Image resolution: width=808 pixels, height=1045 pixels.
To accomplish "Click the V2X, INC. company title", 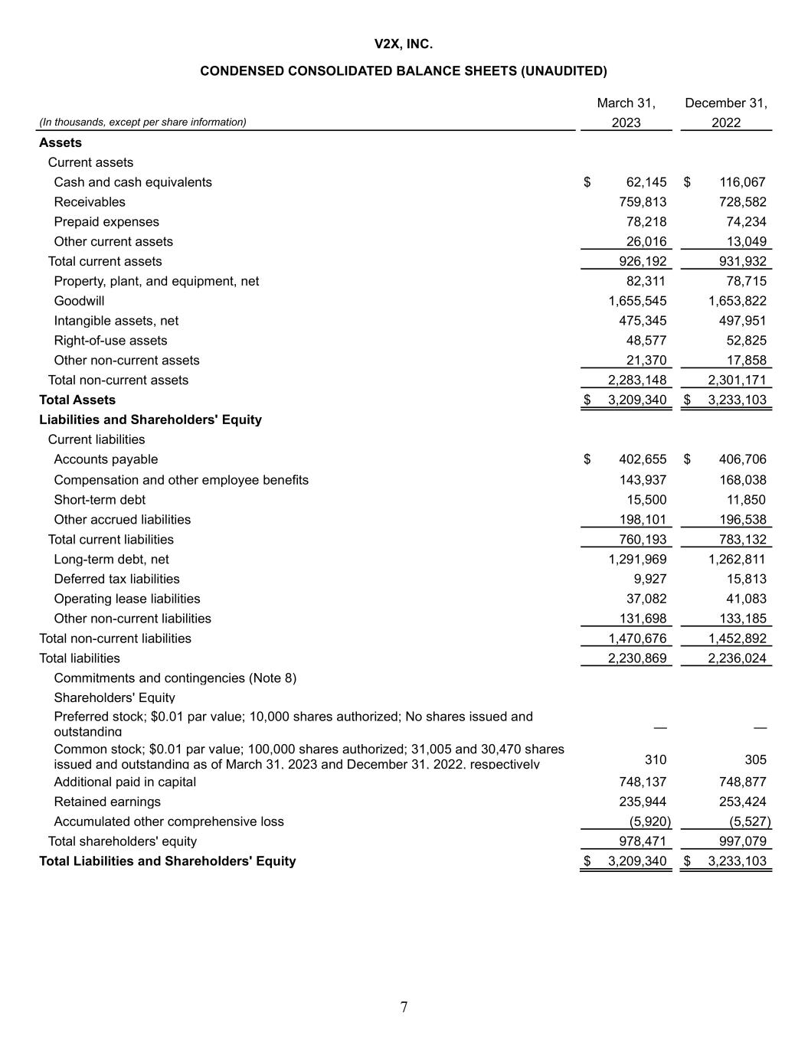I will (x=404, y=44).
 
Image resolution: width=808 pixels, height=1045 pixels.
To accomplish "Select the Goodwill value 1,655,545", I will (x=637, y=301).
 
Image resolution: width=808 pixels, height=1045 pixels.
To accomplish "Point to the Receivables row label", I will (x=90, y=202).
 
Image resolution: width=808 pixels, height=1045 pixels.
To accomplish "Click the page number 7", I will (x=404, y=1007).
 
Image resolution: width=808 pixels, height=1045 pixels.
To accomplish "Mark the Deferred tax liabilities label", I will (x=116, y=579).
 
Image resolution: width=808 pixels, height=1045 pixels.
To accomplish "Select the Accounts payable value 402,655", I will (x=643, y=459).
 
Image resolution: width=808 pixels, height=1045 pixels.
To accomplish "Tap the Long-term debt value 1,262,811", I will (x=737, y=559).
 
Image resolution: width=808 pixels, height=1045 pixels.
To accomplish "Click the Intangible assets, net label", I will (x=116, y=321).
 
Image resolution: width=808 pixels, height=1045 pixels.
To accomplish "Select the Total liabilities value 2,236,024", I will (x=737, y=658).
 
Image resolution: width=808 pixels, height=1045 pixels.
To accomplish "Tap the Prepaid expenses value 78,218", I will (x=646, y=222).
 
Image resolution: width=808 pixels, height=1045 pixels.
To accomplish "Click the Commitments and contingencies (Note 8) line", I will (x=175, y=678).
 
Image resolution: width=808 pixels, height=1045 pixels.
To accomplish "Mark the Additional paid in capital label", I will (x=125, y=782).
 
